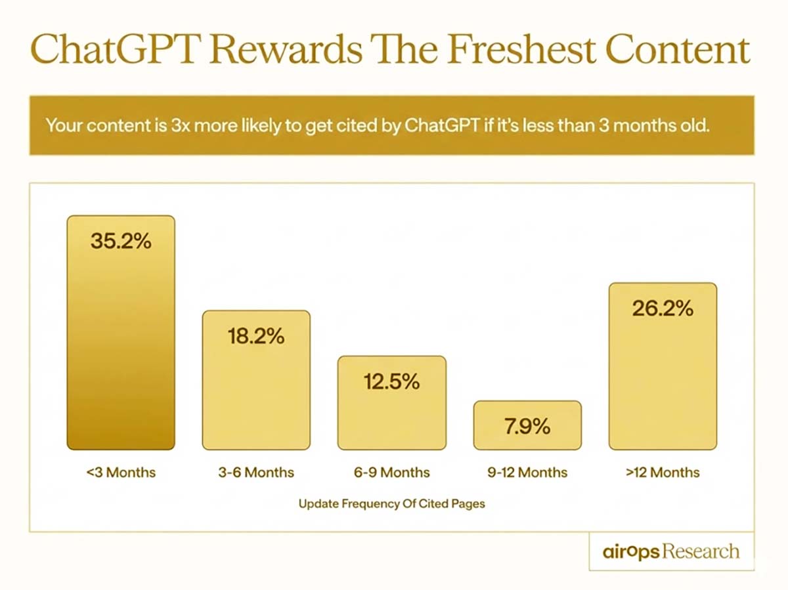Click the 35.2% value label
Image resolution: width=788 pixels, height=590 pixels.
tap(121, 241)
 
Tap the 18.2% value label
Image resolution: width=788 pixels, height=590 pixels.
tap(256, 337)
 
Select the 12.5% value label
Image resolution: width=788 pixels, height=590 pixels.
tap(391, 381)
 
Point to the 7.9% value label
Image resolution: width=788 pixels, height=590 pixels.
tap(527, 426)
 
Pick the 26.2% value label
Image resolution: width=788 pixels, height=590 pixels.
tap(663, 308)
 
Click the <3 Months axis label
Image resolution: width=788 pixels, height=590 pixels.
tap(121, 472)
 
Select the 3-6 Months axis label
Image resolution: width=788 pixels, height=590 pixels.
tap(256, 472)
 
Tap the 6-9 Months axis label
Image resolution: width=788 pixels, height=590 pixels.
tap(391, 472)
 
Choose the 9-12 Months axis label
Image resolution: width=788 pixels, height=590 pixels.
tap(527, 472)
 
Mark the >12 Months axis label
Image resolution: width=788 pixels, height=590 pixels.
tap(663, 472)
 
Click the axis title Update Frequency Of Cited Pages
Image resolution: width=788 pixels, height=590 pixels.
tap(392, 504)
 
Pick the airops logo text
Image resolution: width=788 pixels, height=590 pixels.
tap(630, 552)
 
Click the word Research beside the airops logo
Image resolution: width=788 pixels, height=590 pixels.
tap(700, 552)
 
